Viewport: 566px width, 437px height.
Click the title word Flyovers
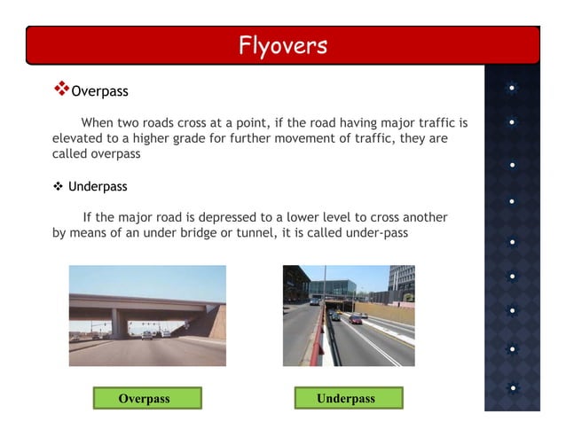click(x=283, y=45)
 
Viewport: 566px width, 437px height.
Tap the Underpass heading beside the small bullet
click(x=98, y=187)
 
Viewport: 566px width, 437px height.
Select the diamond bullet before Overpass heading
click(x=61, y=89)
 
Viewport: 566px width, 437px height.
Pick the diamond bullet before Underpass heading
click(x=58, y=187)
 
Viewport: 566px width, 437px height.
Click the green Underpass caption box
click(x=347, y=398)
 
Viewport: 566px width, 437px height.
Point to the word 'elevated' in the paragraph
click(x=78, y=138)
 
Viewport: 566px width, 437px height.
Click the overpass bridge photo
click(x=146, y=316)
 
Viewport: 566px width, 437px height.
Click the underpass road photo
click(x=349, y=316)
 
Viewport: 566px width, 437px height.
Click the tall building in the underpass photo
click(x=401, y=281)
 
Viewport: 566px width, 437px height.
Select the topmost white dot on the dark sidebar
click(x=513, y=89)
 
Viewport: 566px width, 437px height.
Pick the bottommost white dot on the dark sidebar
click(x=513, y=387)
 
